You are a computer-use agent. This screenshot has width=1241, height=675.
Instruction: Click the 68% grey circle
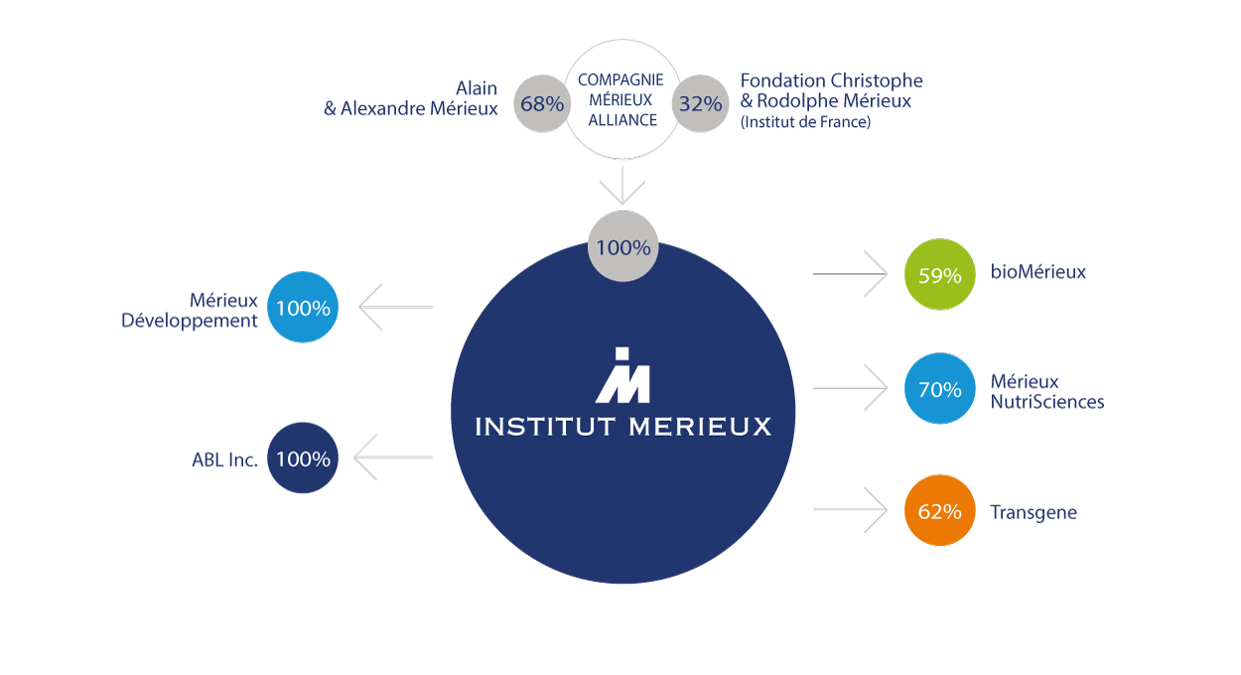(542, 103)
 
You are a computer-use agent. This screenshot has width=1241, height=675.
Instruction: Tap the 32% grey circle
(702, 103)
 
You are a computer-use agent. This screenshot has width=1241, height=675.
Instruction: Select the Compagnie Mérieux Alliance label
(622, 100)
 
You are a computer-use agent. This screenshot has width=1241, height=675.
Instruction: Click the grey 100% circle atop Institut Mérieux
(622, 246)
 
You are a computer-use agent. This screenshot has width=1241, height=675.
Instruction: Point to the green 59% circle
(939, 275)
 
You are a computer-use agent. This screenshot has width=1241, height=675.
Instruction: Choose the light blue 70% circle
(939, 389)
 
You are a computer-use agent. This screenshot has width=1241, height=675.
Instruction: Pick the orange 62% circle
(939, 511)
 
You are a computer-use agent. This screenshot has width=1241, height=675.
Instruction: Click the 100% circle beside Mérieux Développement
(303, 308)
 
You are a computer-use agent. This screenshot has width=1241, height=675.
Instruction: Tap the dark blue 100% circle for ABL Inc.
(303, 459)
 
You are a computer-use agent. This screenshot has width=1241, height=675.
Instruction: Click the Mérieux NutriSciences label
(1046, 391)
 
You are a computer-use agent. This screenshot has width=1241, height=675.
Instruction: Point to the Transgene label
(1033, 513)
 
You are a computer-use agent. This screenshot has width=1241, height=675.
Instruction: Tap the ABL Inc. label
(224, 460)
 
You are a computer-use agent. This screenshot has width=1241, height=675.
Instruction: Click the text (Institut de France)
(805, 123)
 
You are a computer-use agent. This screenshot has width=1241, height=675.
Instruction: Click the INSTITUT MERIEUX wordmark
(622, 427)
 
